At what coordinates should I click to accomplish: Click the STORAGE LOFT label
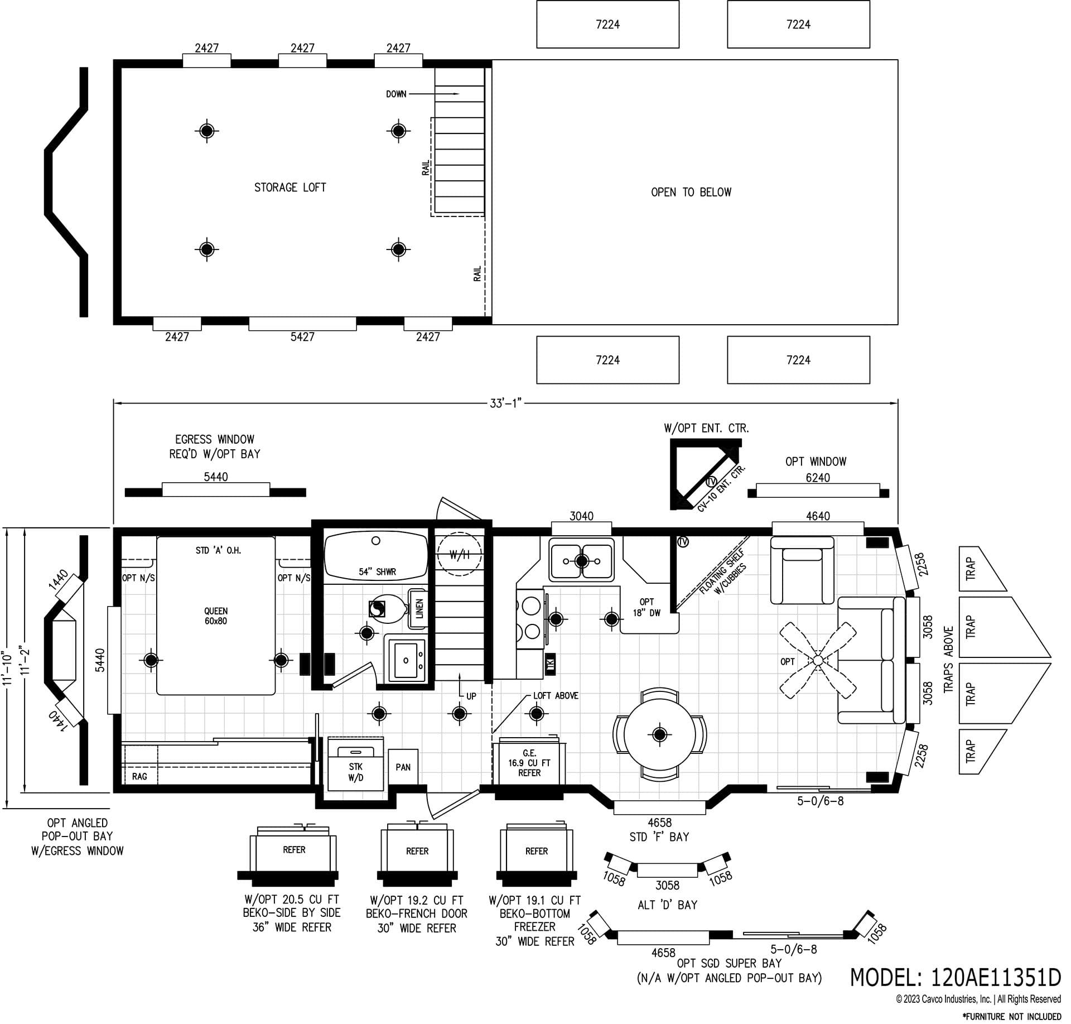290,188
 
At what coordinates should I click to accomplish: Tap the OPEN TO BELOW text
691,192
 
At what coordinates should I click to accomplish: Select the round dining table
659,734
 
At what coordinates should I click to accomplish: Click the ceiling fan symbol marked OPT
817,660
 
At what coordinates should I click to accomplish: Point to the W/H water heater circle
459,555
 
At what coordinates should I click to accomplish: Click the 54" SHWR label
377,572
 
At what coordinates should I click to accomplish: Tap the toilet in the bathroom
389,609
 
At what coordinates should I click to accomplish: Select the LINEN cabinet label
419,608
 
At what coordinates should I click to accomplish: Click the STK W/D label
355,772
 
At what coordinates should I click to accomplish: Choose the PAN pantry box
403,767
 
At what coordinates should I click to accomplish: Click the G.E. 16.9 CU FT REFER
529,763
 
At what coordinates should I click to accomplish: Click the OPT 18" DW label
647,607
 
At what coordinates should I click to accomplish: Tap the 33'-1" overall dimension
505,403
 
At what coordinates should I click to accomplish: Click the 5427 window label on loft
302,336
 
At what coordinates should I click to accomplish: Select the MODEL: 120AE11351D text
955,977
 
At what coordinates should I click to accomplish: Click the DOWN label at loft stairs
396,94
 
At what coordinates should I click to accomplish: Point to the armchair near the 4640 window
802,570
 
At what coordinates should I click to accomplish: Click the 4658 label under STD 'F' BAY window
659,823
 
